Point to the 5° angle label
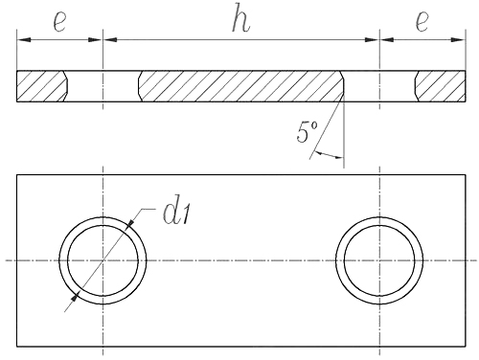click(307, 131)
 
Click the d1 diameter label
click(176, 213)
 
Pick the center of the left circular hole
click(103, 260)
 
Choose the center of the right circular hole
click(379, 260)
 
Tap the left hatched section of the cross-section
click(41, 86)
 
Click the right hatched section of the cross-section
click(441, 86)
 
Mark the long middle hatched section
click(241, 86)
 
